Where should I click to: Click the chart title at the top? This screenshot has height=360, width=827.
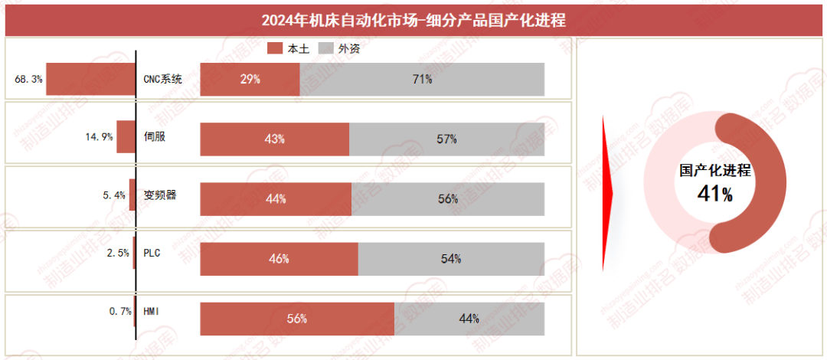413,19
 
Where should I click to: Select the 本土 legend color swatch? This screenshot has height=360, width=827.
275,48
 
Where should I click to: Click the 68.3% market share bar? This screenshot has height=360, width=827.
90,79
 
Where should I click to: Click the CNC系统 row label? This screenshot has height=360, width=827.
163,79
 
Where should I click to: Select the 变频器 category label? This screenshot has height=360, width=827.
160,195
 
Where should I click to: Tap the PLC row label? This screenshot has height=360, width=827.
152,253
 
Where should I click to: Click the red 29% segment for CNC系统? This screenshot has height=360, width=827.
250,79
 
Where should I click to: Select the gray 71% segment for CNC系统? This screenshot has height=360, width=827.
422,79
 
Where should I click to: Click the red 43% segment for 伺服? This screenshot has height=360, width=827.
274,139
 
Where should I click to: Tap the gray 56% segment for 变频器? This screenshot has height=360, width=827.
448,198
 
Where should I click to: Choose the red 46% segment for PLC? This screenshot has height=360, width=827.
279,259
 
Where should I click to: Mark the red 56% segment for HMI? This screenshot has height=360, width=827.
297,319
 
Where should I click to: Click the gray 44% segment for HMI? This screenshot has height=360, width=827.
469,319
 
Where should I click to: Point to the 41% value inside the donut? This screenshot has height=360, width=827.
715,195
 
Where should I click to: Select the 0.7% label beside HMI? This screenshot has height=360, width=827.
121,312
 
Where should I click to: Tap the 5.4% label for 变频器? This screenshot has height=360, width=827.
114,195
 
